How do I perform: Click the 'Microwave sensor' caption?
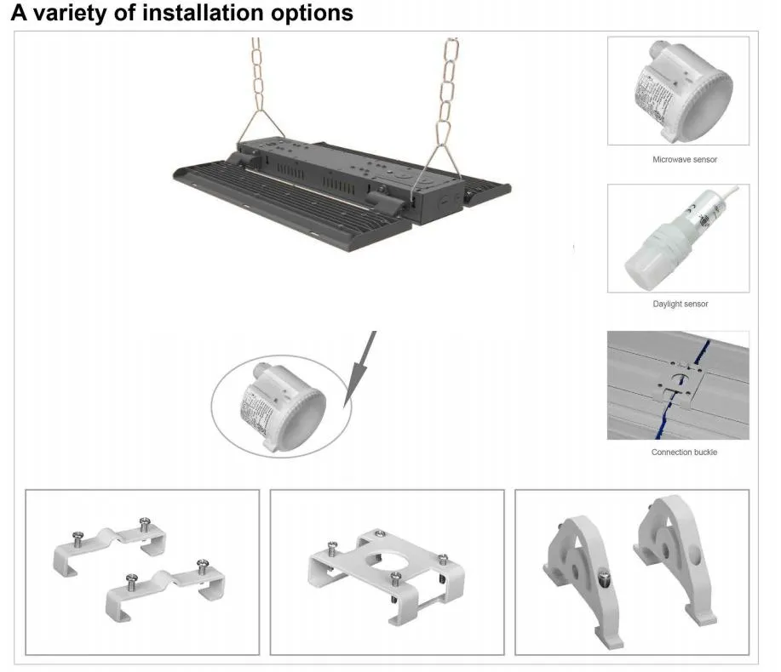[678, 159]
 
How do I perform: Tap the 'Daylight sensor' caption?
[679, 304]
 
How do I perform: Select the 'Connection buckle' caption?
[684, 452]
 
